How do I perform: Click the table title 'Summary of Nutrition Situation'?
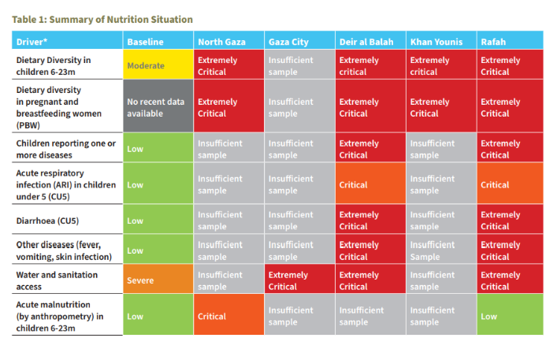coord(121,20)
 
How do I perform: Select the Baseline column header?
coord(158,39)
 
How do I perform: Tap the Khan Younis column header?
coord(441,39)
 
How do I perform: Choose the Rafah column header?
coord(510,39)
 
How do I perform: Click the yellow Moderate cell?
coord(158,65)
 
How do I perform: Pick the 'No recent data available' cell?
coord(158,106)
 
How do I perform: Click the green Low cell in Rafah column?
coord(510,314)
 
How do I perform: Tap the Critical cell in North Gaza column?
coord(228,314)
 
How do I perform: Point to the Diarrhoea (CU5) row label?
coord(47,221)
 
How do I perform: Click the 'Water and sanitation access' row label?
coord(57,280)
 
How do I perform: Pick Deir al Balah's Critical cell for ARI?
coord(370,184)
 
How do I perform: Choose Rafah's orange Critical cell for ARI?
coord(510,184)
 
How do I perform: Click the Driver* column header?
coord(67,39)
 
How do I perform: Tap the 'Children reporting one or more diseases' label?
coord(66,149)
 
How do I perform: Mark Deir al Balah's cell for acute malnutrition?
coord(370,314)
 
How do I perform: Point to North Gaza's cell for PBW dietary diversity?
coord(228,106)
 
